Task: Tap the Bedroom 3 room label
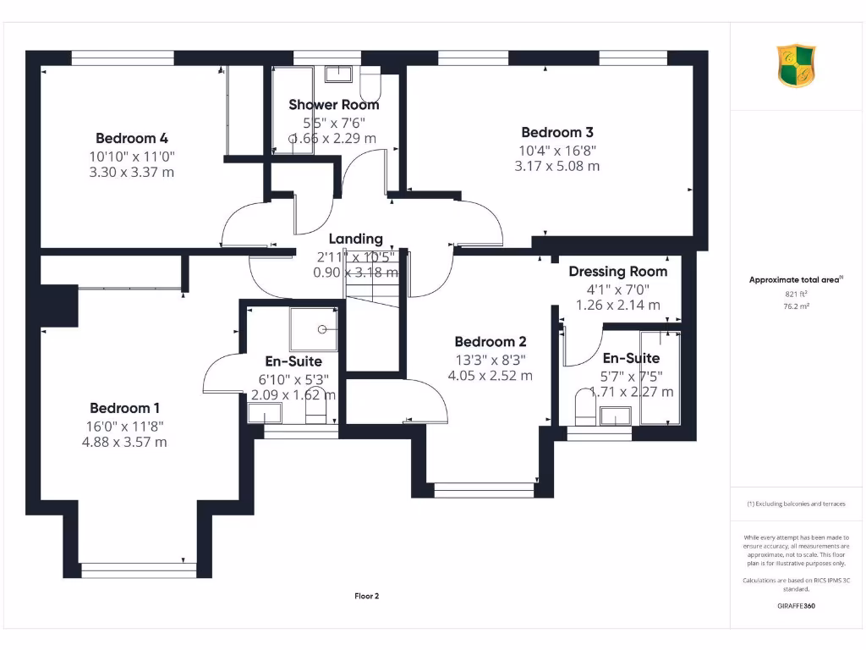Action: click(557, 132)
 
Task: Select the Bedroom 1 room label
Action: click(124, 407)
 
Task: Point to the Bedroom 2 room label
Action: click(491, 342)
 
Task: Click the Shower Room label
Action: click(334, 105)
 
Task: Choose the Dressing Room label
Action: click(617, 272)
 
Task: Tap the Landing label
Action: click(355, 240)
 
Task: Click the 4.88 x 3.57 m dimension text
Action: click(124, 442)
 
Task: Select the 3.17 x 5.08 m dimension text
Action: click(557, 166)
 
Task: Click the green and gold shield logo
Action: click(797, 66)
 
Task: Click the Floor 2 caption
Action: click(366, 596)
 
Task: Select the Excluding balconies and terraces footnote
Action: click(796, 504)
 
